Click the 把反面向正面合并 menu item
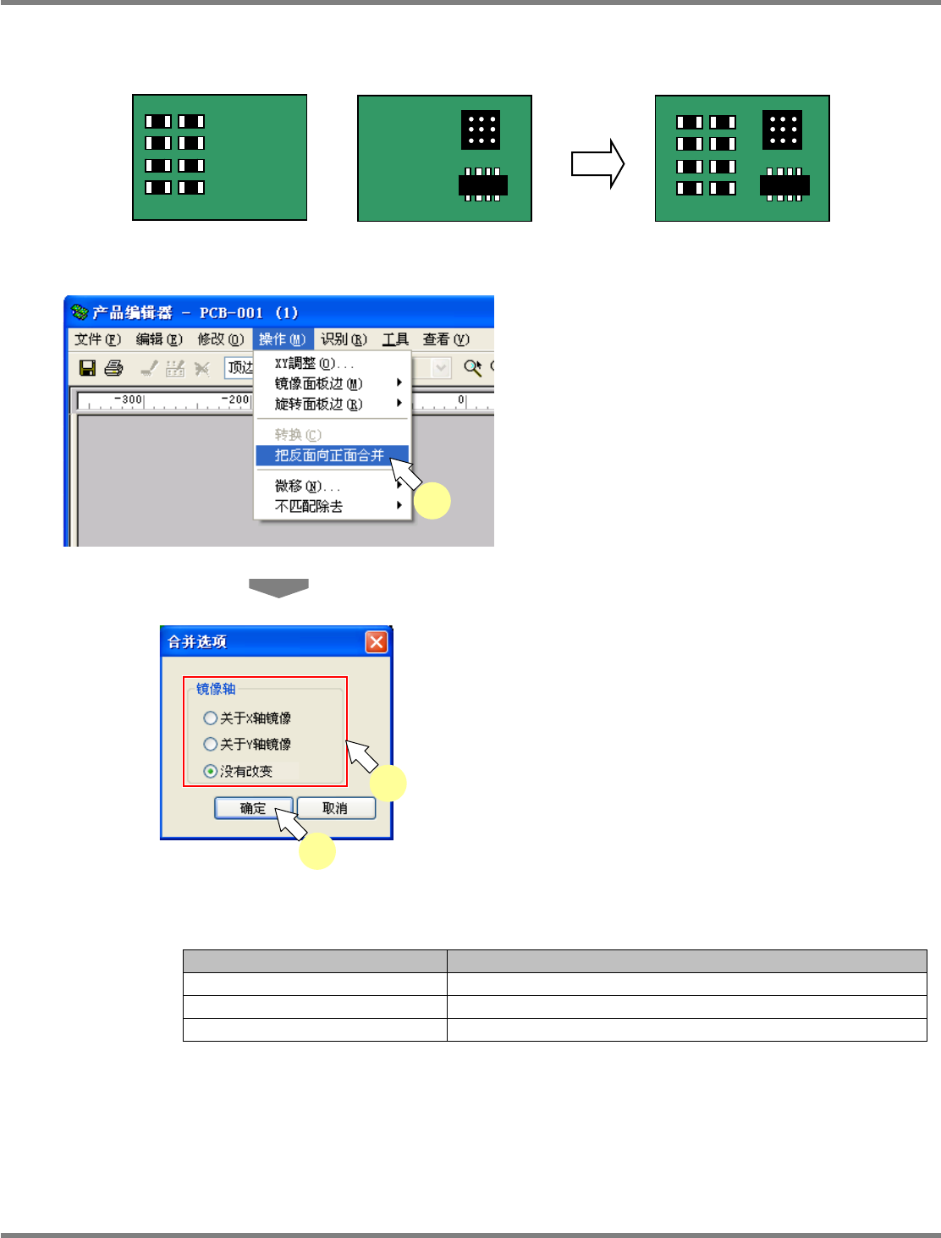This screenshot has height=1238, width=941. point(329,455)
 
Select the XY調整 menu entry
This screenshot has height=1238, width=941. point(314,363)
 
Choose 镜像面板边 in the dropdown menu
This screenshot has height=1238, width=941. point(318,383)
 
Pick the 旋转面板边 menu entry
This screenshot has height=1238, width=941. point(318,404)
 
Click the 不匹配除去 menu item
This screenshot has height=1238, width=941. point(309,506)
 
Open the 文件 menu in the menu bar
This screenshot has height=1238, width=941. point(97,339)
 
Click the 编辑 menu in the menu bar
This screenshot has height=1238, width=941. point(159,339)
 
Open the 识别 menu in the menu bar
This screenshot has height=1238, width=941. point(344,339)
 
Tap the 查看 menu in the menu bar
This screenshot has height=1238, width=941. point(446,339)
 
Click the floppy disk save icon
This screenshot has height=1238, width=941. point(87,368)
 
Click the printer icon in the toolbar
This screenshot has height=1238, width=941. point(114,368)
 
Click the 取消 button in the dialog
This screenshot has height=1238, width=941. point(335,808)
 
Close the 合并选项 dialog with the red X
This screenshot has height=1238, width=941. point(377,641)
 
